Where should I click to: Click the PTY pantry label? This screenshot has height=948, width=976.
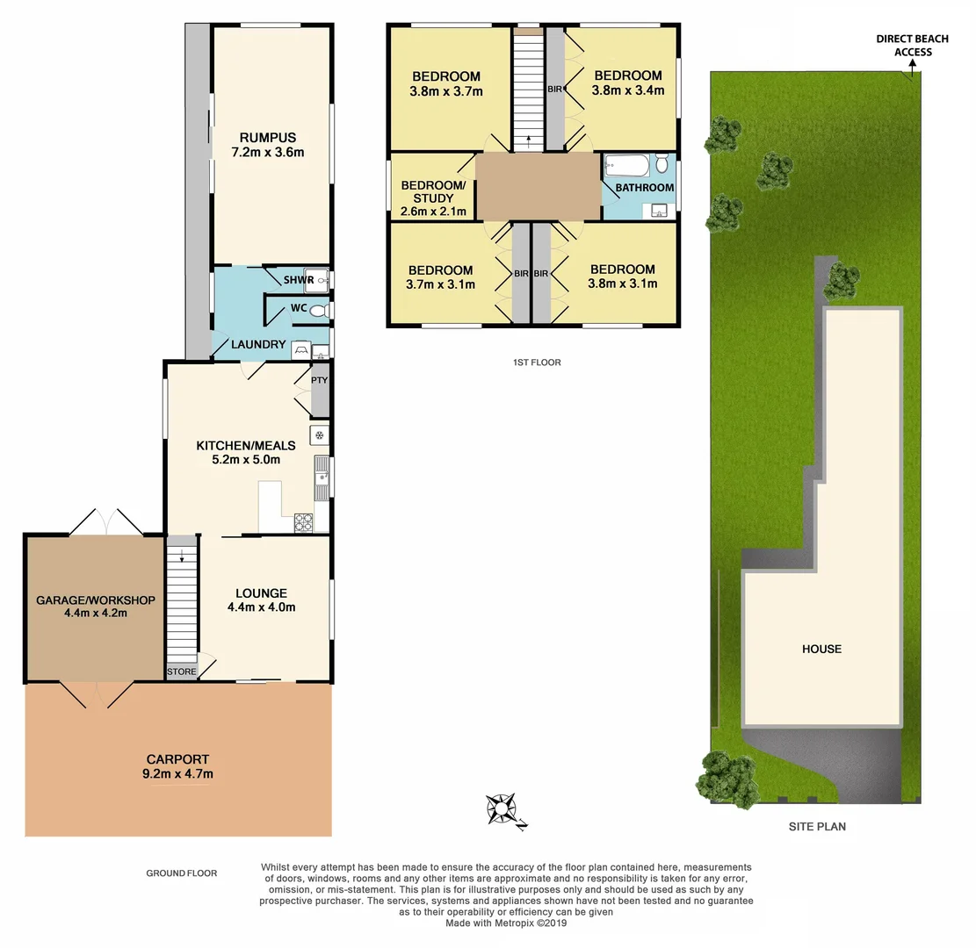pyautogui.click(x=319, y=381)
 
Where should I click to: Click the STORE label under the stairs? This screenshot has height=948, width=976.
pyautogui.click(x=182, y=671)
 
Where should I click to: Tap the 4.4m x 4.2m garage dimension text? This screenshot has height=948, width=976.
pyautogui.click(x=95, y=614)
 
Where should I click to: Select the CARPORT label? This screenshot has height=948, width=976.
pyautogui.click(x=179, y=759)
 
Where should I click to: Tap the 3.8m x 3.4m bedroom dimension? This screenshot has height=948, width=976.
pyautogui.click(x=626, y=90)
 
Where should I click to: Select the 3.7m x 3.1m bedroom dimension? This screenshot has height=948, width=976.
pyautogui.click(x=440, y=284)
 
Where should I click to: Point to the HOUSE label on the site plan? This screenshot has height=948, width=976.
pyautogui.click(x=821, y=649)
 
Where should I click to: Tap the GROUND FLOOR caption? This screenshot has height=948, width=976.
pyautogui.click(x=181, y=873)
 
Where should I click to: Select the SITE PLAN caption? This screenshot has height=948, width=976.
pyautogui.click(x=816, y=826)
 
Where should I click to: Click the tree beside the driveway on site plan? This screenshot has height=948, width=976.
pyautogui.click(x=727, y=777)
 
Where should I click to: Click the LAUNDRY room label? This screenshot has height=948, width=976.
pyautogui.click(x=258, y=345)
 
